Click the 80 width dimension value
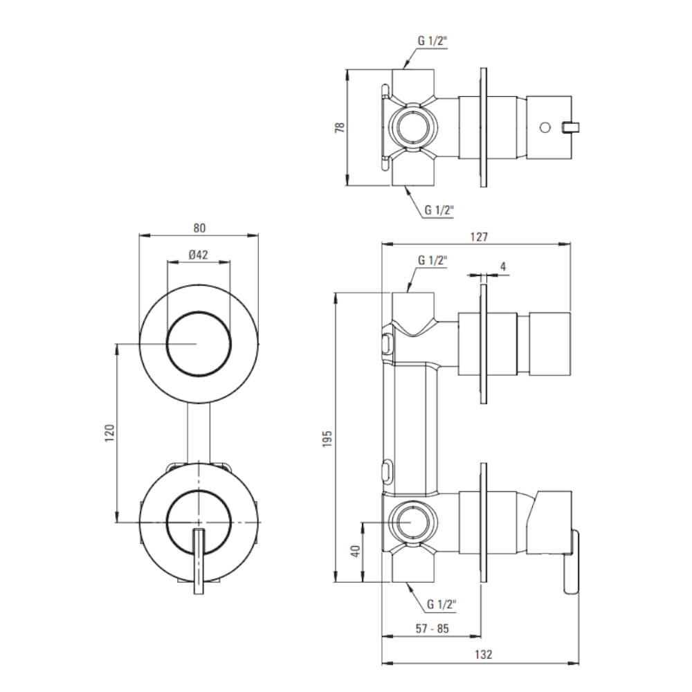(199, 228)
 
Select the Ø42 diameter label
(198, 255)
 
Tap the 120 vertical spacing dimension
(109, 433)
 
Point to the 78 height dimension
(339, 127)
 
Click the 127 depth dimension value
(479, 237)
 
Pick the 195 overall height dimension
(327, 439)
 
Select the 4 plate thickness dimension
(502, 266)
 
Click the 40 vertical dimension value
(355, 552)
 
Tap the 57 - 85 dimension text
(432, 628)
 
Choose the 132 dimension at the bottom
(483, 654)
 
